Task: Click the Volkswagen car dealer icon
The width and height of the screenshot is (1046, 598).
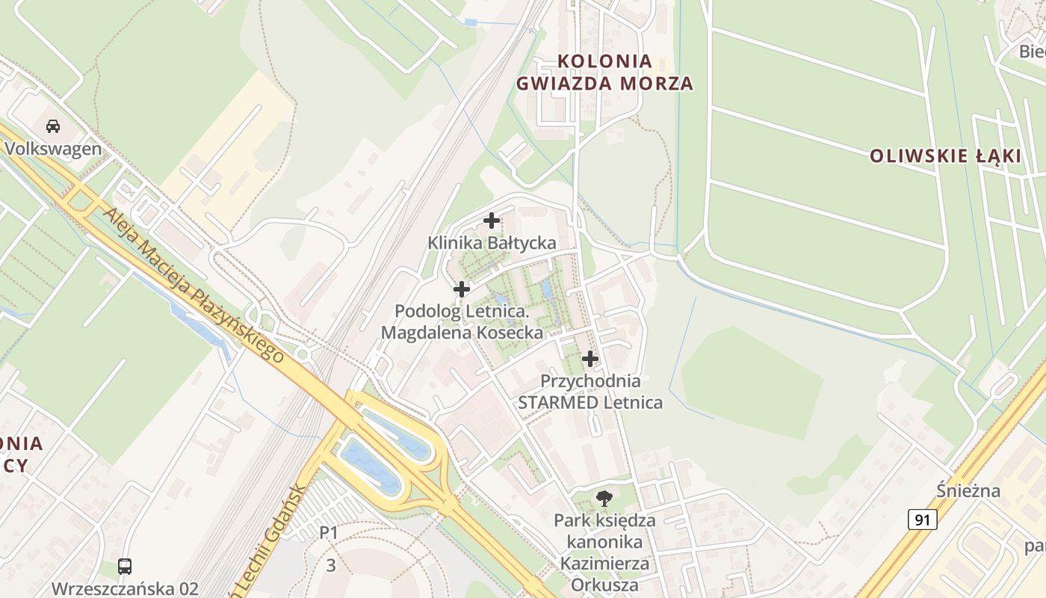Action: click(x=53, y=126)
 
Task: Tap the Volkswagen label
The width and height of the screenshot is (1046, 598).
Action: click(x=53, y=148)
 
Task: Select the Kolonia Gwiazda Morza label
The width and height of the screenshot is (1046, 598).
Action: click(x=605, y=72)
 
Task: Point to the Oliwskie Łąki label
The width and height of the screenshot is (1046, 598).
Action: click(x=945, y=156)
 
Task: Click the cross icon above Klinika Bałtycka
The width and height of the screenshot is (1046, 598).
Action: click(x=492, y=221)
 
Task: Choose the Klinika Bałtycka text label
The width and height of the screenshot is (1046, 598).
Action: click(x=492, y=243)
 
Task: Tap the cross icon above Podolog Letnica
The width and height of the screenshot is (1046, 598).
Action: click(x=462, y=289)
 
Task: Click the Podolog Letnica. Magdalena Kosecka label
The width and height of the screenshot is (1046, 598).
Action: click(x=462, y=321)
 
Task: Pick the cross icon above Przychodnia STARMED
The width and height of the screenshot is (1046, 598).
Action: click(x=590, y=359)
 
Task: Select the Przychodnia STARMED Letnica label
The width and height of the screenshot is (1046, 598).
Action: click(x=590, y=392)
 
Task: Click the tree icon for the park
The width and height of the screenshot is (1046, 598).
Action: click(x=604, y=497)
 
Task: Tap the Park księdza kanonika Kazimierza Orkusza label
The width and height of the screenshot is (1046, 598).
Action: click(x=604, y=552)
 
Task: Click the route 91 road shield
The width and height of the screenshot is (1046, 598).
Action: click(x=923, y=520)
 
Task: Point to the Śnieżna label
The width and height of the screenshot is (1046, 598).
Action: click(x=968, y=491)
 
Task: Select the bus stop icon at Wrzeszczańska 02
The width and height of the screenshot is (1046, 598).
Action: click(x=125, y=566)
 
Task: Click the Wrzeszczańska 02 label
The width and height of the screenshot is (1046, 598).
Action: click(x=125, y=588)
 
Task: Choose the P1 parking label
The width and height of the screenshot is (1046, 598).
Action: click(x=329, y=533)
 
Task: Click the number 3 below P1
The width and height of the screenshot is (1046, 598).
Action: click(x=331, y=566)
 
